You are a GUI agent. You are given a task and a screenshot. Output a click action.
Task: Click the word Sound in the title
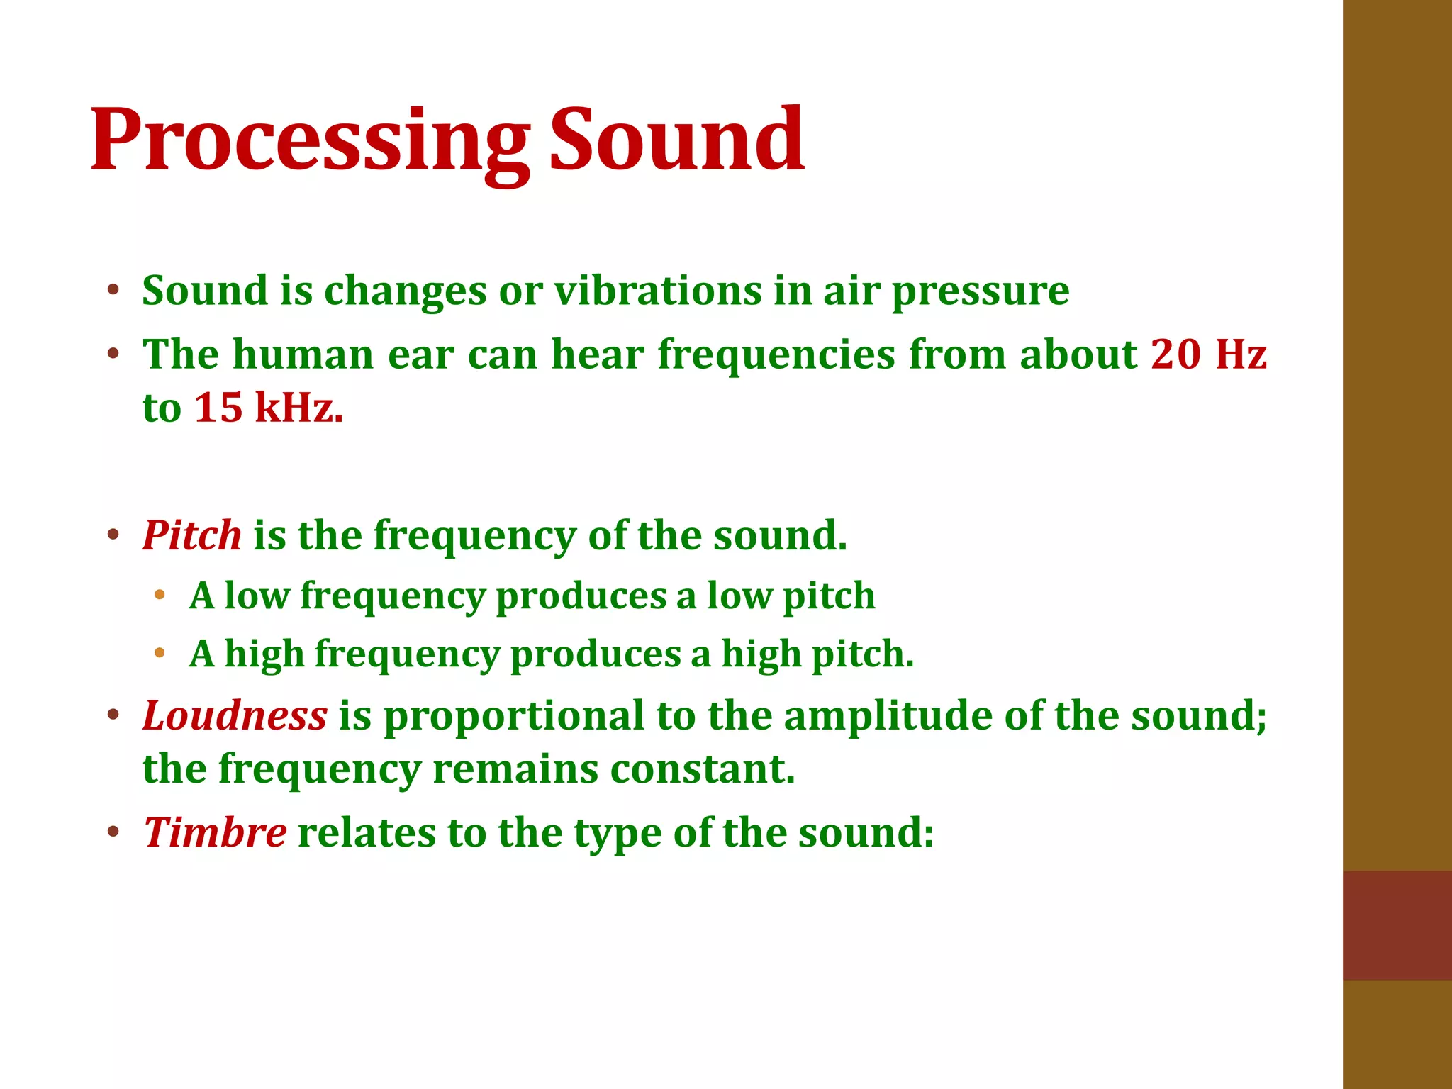[x=676, y=140]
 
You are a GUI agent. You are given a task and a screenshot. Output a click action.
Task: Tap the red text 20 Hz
[x=1208, y=354]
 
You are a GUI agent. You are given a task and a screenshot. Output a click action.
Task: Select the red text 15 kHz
[x=268, y=408]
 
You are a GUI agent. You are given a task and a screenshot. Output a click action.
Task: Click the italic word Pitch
[x=192, y=535]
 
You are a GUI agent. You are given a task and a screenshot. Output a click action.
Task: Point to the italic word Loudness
[x=235, y=715]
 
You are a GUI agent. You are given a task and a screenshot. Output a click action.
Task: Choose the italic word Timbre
[x=215, y=832]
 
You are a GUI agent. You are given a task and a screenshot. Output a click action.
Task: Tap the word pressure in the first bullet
[x=980, y=292]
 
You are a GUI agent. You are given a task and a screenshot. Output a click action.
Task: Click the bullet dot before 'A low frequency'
[x=160, y=594]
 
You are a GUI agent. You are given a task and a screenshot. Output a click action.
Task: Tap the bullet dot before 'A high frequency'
[x=160, y=652]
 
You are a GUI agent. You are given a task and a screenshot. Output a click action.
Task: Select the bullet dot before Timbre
[x=113, y=832]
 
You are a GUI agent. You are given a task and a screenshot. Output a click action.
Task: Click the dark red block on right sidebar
[x=1397, y=925]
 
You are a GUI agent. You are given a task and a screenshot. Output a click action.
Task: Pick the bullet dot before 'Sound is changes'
[x=113, y=290]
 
